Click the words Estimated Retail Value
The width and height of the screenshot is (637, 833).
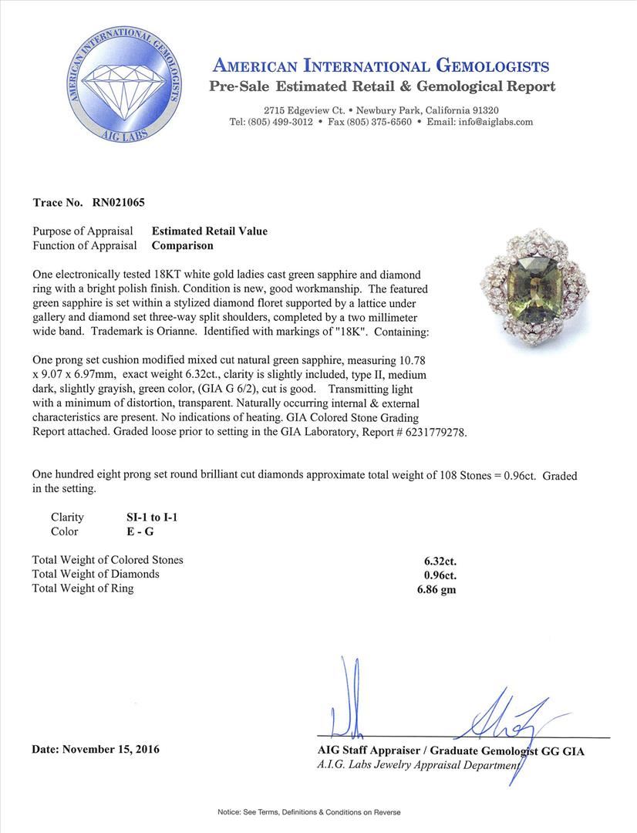pyautogui.click(x=210, y=231)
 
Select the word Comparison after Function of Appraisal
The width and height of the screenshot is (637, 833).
pyautogui.click(x=182, y=245)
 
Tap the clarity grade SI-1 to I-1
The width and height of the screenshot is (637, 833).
pyautogui.click(x=147, y=518)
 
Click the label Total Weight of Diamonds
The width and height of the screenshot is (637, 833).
pyautogui.click(x=96, y=574)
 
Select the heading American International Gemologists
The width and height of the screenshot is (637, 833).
pyautogui.click(x=381, y=66)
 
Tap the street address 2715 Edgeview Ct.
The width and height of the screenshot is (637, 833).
pyautogui.click(x=302, y=110)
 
